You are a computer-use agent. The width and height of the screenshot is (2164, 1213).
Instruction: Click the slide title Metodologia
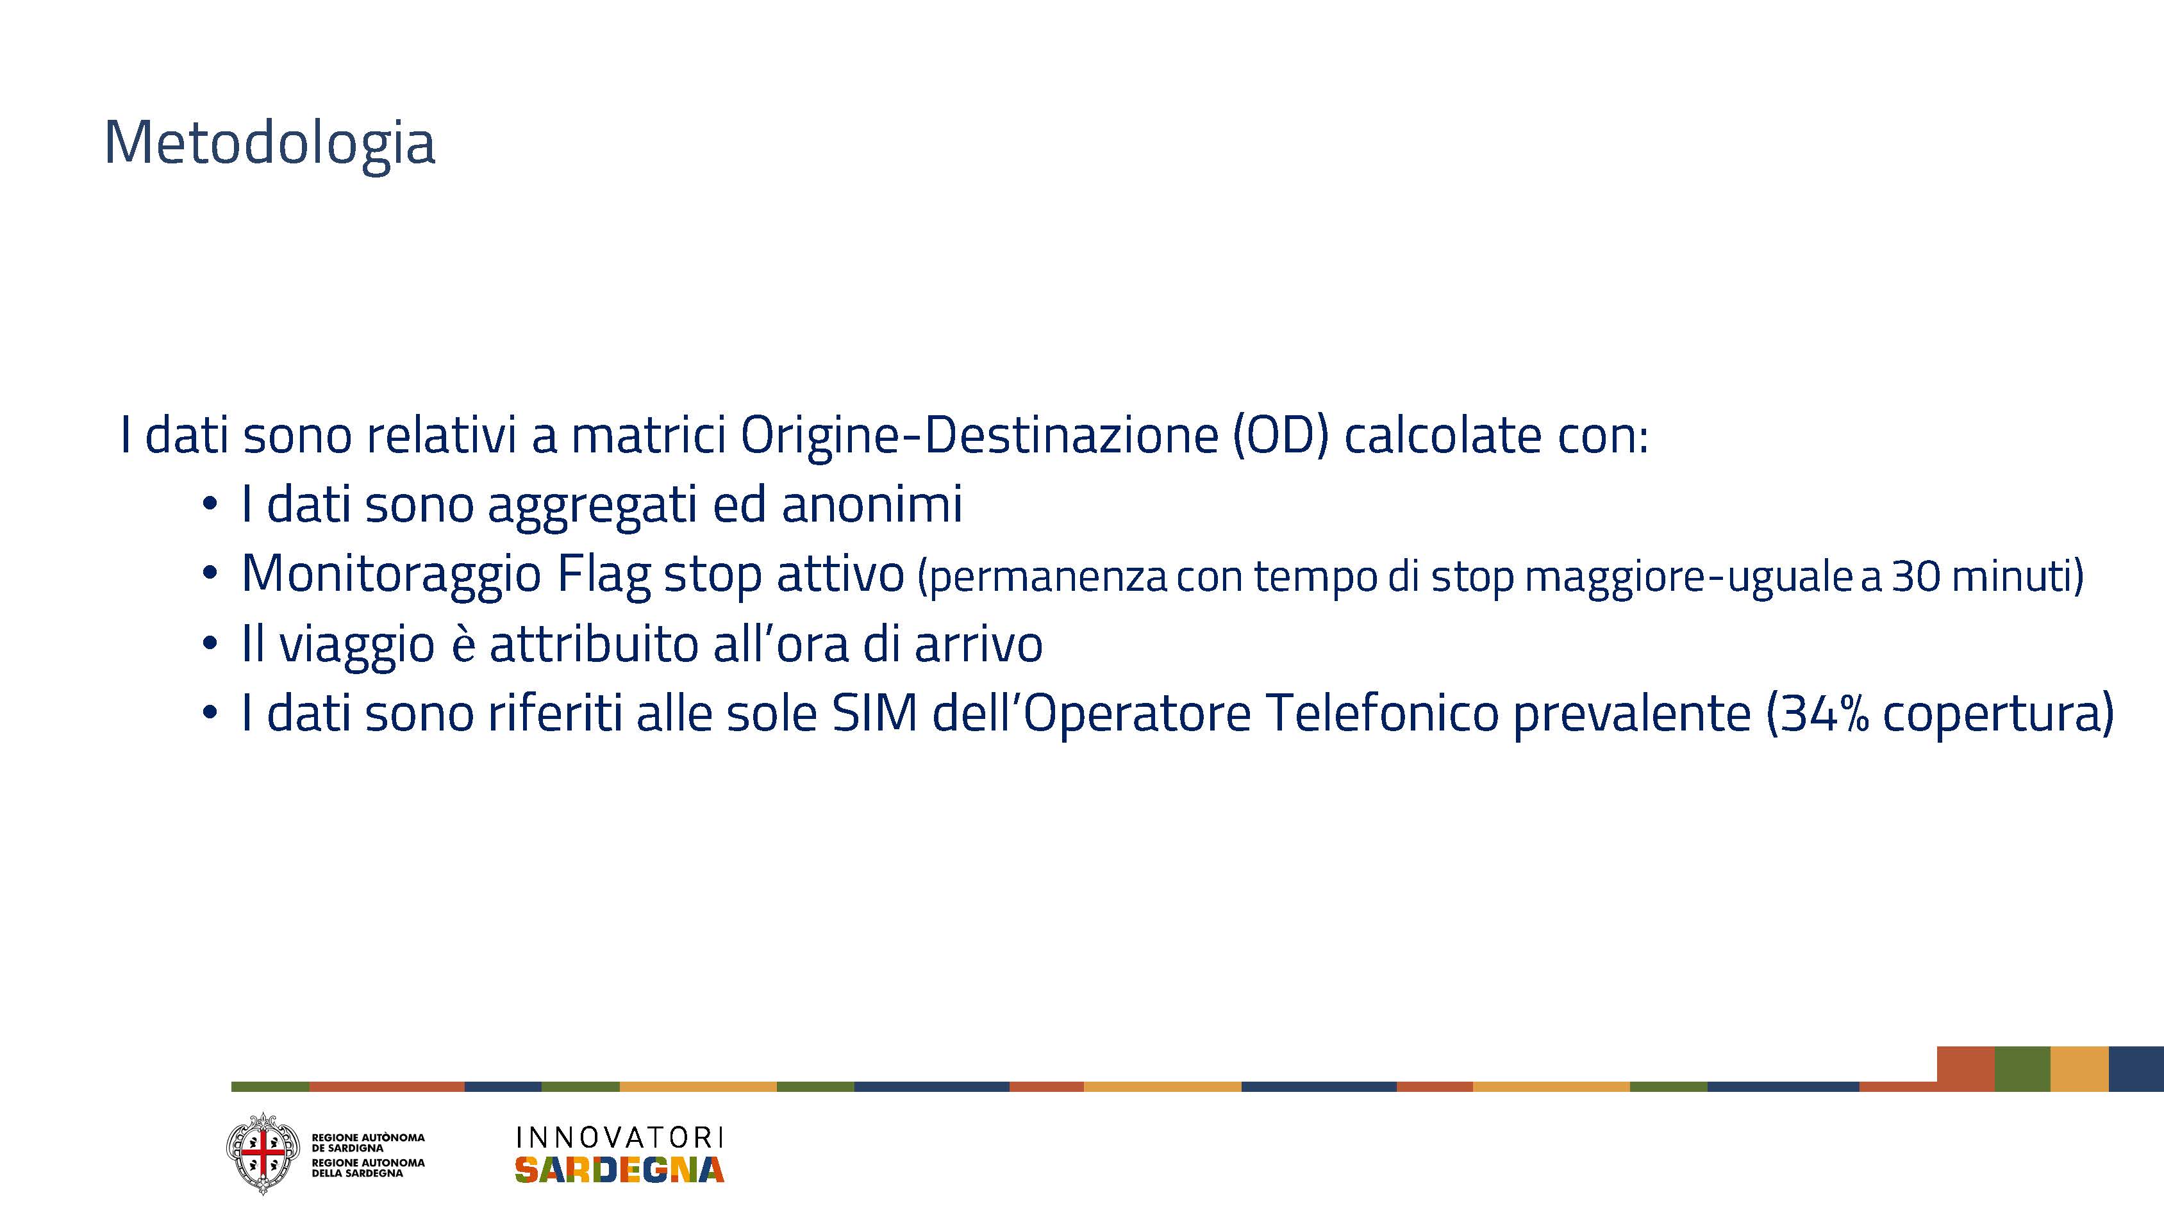(x=270, y=143)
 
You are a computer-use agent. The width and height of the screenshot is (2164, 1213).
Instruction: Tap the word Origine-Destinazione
(x=979, y=436)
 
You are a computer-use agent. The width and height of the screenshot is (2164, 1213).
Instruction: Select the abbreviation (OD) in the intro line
(x=1281, y=436)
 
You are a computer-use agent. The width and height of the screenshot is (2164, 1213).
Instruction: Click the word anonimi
(x=872, y=504)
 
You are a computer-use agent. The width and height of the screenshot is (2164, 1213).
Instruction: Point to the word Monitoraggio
(x=392, y=575)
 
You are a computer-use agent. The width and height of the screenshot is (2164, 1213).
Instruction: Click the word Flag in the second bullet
(x=604, y=575)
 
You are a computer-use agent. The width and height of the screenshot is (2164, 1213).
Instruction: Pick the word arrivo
(x=979, y=644)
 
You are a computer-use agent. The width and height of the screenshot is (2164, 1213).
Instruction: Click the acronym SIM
(x=874, y=713)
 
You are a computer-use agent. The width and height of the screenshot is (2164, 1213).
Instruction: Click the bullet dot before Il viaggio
(x=210, y=644)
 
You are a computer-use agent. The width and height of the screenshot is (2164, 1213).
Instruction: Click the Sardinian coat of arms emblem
(x=263, y=1153)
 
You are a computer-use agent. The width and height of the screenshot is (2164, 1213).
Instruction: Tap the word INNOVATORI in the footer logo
(x=619, y=1137)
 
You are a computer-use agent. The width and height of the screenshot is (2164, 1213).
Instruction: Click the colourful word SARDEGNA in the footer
(x=619, y=1169)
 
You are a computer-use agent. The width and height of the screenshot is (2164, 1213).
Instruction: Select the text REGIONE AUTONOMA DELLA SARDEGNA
(x=368, y=1168)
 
